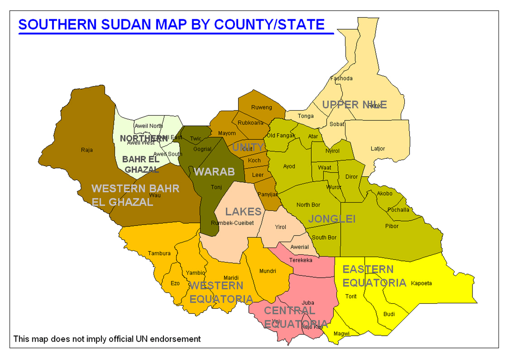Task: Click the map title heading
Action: tap(172, 24)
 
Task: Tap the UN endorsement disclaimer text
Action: tap(107, 339)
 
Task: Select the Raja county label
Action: tap(87, 150)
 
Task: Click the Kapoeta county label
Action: tap(421, 283)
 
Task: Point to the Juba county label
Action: tap(308, 303)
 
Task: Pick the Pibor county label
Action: tap(392, 226)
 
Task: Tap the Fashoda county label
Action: tap(341, 79)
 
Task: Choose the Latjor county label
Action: tap(378, 149)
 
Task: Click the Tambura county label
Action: tap(159, 253)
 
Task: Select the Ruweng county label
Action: tap(261, 107)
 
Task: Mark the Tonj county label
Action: tap(216, 187)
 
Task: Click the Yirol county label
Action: tap(281, 227)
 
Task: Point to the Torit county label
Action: tap(351, 296)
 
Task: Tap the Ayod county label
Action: tap(289, 166)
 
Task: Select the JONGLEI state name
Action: tap(332, 219)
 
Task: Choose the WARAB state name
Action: tap(214, 172)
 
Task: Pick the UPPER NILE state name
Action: tap(354, 105)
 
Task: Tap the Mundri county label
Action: tap(268, 271)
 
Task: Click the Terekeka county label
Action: tap(300, 260)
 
